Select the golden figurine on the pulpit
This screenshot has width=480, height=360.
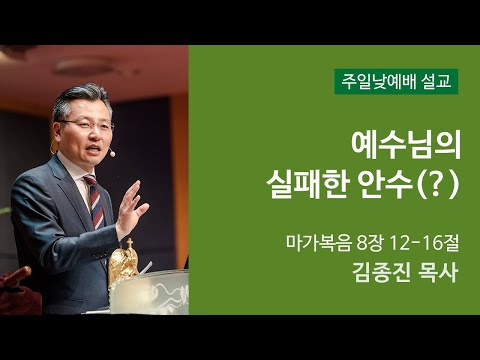[123, 262]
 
